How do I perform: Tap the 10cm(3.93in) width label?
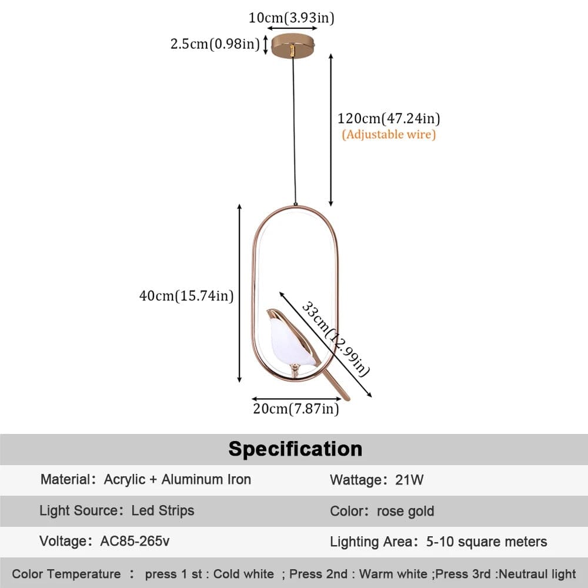click(x=291, y=18)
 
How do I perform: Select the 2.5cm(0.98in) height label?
click(x=215, y=44)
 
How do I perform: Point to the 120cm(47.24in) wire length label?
click(x=389, y=118)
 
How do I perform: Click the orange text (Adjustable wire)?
click(x=389, y=135)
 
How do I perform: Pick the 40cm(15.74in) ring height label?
click(x=186, y=296)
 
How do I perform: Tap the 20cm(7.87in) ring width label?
click(x=296, y=408)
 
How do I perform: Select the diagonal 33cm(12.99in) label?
click(x=336, y=339)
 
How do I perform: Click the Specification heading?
click(x=295, y=449)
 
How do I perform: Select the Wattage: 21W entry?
click(x=376, y=480)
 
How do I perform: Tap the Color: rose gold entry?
click(x=382, y=511)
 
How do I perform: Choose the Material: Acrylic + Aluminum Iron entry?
click(x=145, y=479)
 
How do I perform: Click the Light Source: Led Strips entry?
click(x=116, y=510)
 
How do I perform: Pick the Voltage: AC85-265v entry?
click(x=105, y=542)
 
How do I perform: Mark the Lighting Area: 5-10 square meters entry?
click(x=439, y=542)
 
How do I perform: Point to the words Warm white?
click(x=393, y=574)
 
